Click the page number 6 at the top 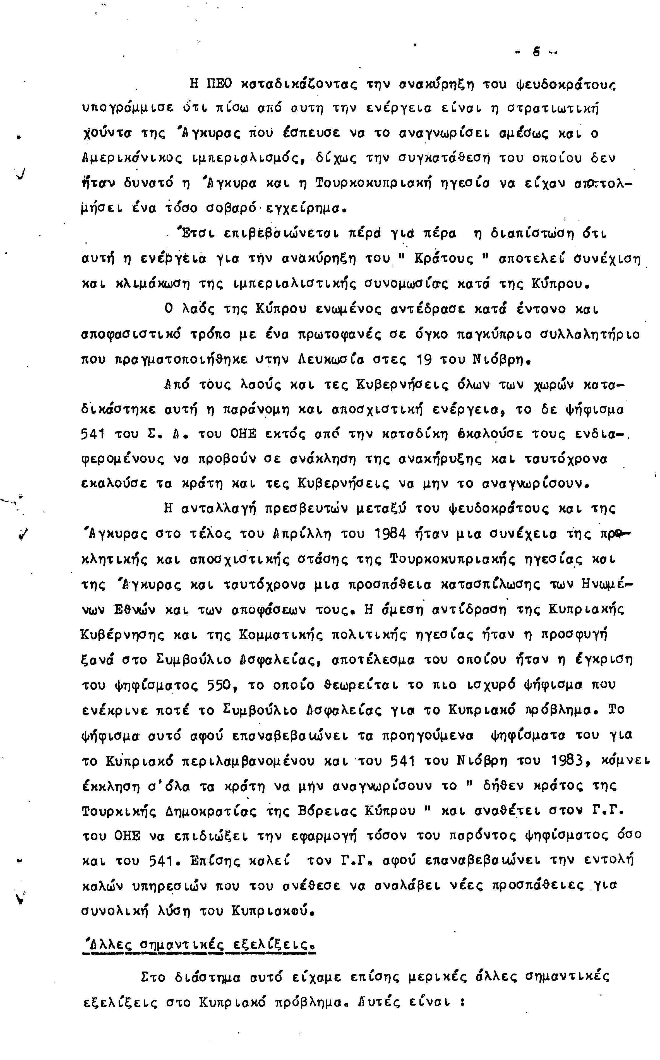536,52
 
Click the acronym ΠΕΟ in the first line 218,83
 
